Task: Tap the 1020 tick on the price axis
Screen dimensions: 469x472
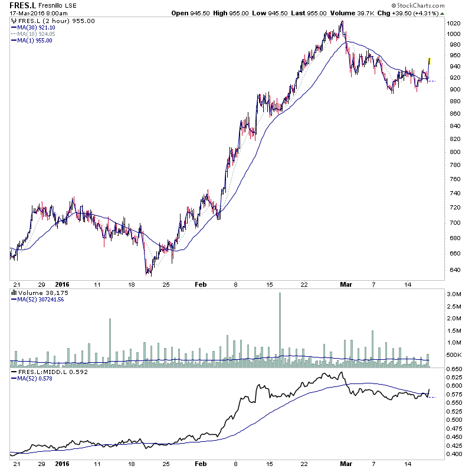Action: pyautogui.click(x=453, y=23)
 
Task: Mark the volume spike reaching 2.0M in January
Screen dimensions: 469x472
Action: pyautogui.click(x=110, y=342)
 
